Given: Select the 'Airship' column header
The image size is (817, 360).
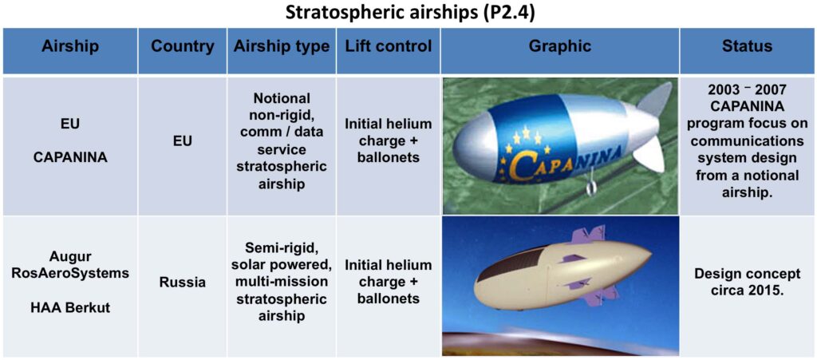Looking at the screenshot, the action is point(70,46).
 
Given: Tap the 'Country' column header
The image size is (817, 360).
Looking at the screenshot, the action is point(183,46).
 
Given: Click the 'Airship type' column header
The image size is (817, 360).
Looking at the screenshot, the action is point(282,46).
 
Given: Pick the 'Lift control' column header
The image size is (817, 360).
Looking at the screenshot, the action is point(389,46).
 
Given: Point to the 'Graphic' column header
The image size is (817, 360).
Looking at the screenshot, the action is point(560,46).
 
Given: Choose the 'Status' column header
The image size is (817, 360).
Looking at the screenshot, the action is point(747,46).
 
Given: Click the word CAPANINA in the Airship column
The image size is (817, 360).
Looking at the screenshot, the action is point(70,156).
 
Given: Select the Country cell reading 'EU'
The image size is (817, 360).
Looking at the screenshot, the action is point(183,140).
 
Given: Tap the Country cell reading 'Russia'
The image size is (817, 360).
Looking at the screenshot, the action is point(183,283).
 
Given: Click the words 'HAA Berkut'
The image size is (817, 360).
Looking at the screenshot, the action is point(70,307).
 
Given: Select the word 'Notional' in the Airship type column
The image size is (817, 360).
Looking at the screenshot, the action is point(282,98).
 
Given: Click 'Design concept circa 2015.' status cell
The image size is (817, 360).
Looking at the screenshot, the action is point(747,283).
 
